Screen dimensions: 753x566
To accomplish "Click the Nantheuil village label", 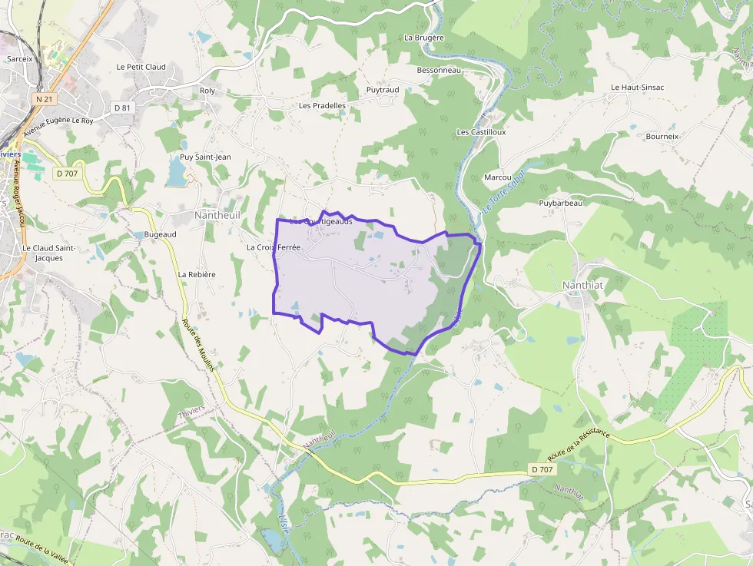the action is [x=217, y=216].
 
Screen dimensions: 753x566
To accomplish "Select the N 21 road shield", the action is [x=45, y=99].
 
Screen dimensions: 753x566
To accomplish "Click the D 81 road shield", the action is [x=123, y=108].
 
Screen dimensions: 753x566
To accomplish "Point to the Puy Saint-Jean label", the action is [x=205, y=157].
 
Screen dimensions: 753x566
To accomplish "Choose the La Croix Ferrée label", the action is [x=273, y=248].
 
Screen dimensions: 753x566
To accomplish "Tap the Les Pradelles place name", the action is [x=322, y=106].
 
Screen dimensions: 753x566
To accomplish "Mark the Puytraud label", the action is [x=383, y=90].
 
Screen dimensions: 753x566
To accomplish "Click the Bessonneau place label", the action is [x=438, y=71].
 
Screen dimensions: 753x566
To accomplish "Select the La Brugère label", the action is [x=424, y=38].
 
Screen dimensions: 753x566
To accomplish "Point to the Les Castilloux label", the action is [x=481, y=132].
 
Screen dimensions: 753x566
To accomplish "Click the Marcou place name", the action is [x=498, y=177].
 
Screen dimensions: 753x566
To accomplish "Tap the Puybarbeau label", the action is [x=560, y=204].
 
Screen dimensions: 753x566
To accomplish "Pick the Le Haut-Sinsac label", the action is [x=637, y=88].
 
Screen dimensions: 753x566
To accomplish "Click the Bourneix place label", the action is [x=662, y=137].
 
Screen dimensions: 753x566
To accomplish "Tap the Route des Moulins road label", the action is [x=199, y=345].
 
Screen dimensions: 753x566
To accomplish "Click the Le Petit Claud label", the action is [x=141, y=68].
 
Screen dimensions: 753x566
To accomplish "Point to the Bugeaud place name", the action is [x=160, y=235].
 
